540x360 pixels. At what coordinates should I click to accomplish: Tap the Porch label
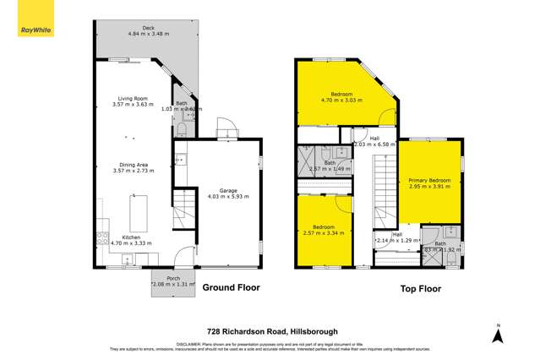pos(172,278)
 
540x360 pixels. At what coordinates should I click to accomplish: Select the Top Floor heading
pos(421,287)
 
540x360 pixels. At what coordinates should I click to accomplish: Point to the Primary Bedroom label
pos(429,180)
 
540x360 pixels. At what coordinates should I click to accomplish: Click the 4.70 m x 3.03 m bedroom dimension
pos(342,100)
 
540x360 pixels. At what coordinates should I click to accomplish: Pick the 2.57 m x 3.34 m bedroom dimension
pos(324,233)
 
